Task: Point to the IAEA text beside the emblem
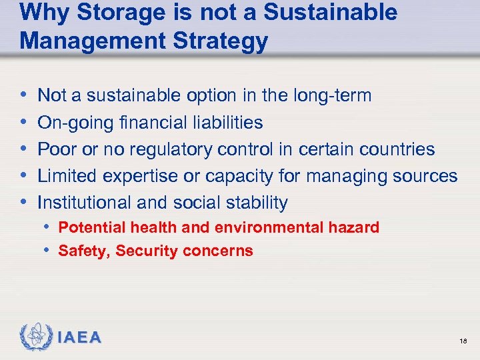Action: (79, 338)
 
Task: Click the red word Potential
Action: (88, 227)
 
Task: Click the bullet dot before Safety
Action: (49, 251)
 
